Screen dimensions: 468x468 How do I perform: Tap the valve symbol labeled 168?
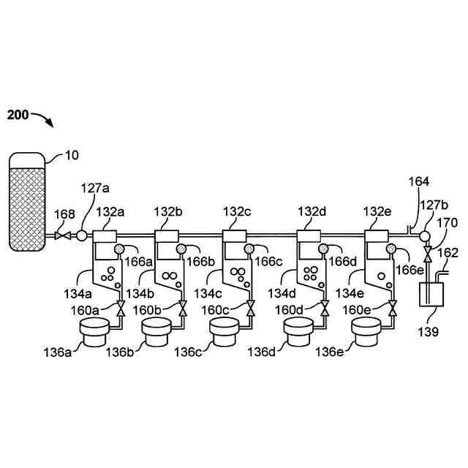click(x=62, y=235)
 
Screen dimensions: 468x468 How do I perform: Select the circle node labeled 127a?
click(x=80, y=235)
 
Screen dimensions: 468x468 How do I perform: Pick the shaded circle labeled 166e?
click(x=392, y=250)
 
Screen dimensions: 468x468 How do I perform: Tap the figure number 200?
click(x=19, y=115)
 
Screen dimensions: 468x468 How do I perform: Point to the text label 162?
click(x=448, y=254)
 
